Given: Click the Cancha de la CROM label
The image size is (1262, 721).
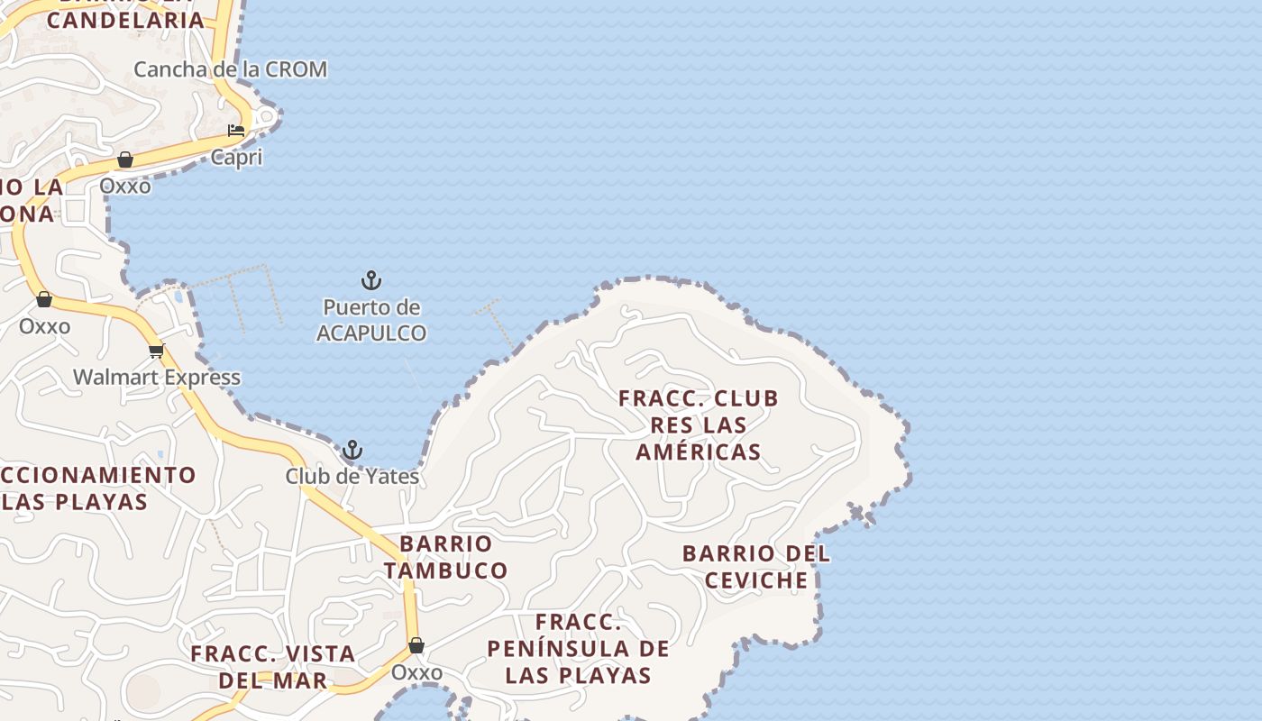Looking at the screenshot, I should tap(230, 69).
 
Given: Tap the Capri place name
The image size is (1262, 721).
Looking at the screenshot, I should tap(236, 158).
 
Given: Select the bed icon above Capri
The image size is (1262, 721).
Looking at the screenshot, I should tap(236, 130).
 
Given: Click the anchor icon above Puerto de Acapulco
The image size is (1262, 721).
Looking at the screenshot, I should tap(371, 280).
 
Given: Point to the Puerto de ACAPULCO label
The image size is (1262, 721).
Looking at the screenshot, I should tap(371, 320).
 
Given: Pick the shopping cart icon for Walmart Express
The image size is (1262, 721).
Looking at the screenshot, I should tap(157, 351).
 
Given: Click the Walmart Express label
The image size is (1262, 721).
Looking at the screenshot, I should tap(157, 377).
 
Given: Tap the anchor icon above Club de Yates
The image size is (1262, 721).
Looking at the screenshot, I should tap(352, 450).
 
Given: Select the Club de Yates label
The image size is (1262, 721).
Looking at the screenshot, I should tap(352, 476).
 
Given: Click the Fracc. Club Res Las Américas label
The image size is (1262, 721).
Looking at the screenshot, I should tap(699, 424).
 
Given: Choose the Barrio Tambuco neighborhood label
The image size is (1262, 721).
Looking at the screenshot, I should tap(445, 557).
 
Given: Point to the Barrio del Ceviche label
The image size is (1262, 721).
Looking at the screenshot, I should tap(756, 567).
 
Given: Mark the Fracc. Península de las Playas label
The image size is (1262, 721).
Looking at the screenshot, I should tap(578, 648).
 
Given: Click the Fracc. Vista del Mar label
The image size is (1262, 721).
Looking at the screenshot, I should tap(273, 667).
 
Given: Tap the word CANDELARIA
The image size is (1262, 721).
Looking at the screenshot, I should tap(125, 20).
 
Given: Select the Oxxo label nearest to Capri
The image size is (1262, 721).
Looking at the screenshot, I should tap(125, 186).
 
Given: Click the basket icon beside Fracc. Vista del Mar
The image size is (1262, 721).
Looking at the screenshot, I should tap(416, 645).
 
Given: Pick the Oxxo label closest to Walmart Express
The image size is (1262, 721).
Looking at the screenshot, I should tap(44, 325).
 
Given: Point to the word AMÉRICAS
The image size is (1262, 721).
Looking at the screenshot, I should tap(699, 452).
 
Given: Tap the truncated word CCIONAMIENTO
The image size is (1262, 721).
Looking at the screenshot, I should tap(97, 475).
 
